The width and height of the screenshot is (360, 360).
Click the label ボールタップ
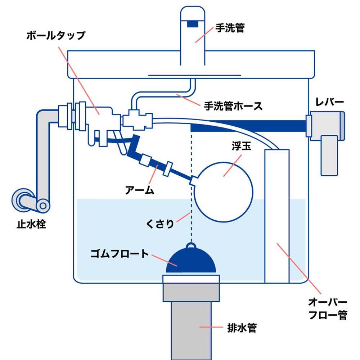(56, 36)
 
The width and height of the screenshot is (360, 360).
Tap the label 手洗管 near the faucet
(230, 28)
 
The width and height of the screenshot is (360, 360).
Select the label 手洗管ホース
(233, 106)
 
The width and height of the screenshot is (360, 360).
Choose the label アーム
(139, 190)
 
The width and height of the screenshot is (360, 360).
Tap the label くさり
(160, 224)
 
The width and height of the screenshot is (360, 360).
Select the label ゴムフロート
(120, 254)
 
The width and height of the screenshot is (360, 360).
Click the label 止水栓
(31, 224)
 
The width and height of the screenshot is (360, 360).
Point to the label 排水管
(242, 328)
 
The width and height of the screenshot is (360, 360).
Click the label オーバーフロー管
(328, 309)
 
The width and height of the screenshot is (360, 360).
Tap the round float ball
(224, 192)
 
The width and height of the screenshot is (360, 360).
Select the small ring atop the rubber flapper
(191, 246)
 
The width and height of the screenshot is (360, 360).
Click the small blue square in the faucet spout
(192, 24)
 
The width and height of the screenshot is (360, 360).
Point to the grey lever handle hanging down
(329, 156)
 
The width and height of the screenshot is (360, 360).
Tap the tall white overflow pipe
(277, 216)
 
